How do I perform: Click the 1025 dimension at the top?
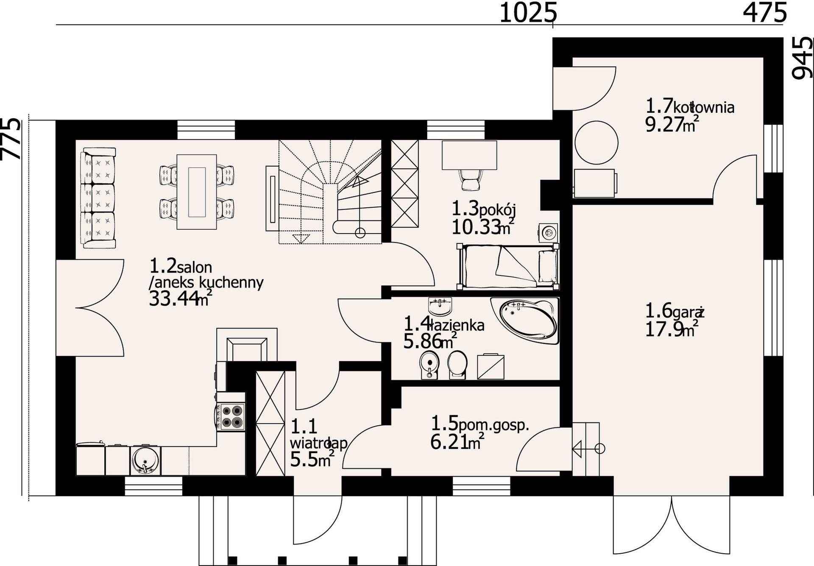pos(528,13)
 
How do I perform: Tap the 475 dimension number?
pos(765,13)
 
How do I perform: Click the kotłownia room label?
pos(704,107)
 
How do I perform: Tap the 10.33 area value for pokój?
pos(475,228)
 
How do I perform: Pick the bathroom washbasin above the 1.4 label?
pos(440,305)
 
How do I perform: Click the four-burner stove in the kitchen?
pos(231,416)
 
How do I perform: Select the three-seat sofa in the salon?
pos(98,198)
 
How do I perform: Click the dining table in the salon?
pos(197,192)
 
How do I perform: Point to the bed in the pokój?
pos(508,266)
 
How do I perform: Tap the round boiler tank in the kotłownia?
pos(596,142)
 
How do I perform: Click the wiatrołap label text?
pos(319,443)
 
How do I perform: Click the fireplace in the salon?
pos(247,345)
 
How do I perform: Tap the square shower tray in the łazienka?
pos(491,366)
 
